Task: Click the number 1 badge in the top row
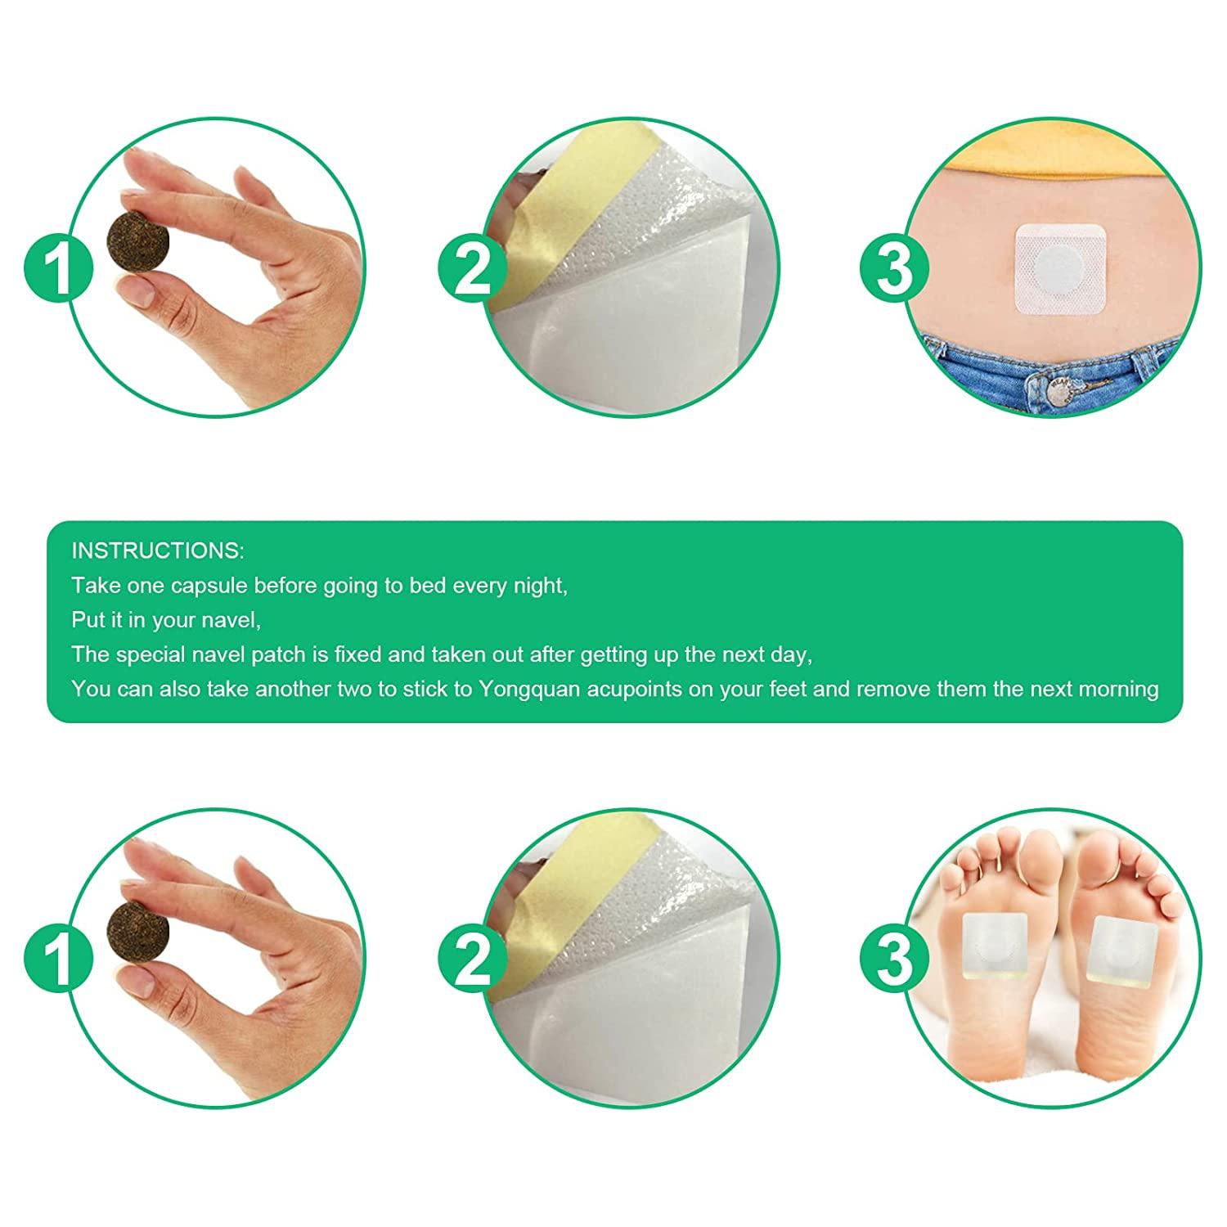tap(58, 268)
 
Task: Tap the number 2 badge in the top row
tap(472, 268)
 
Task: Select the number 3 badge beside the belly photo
tap(894, 268)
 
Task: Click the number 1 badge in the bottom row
tap(58, 959)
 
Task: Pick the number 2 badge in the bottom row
tap(472, 959)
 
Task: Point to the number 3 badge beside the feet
tap(894, 959)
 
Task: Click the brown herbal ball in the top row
tap(137, 240)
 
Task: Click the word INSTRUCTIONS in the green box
tap(158, 551)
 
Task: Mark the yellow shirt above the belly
tap(1055, 160)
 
